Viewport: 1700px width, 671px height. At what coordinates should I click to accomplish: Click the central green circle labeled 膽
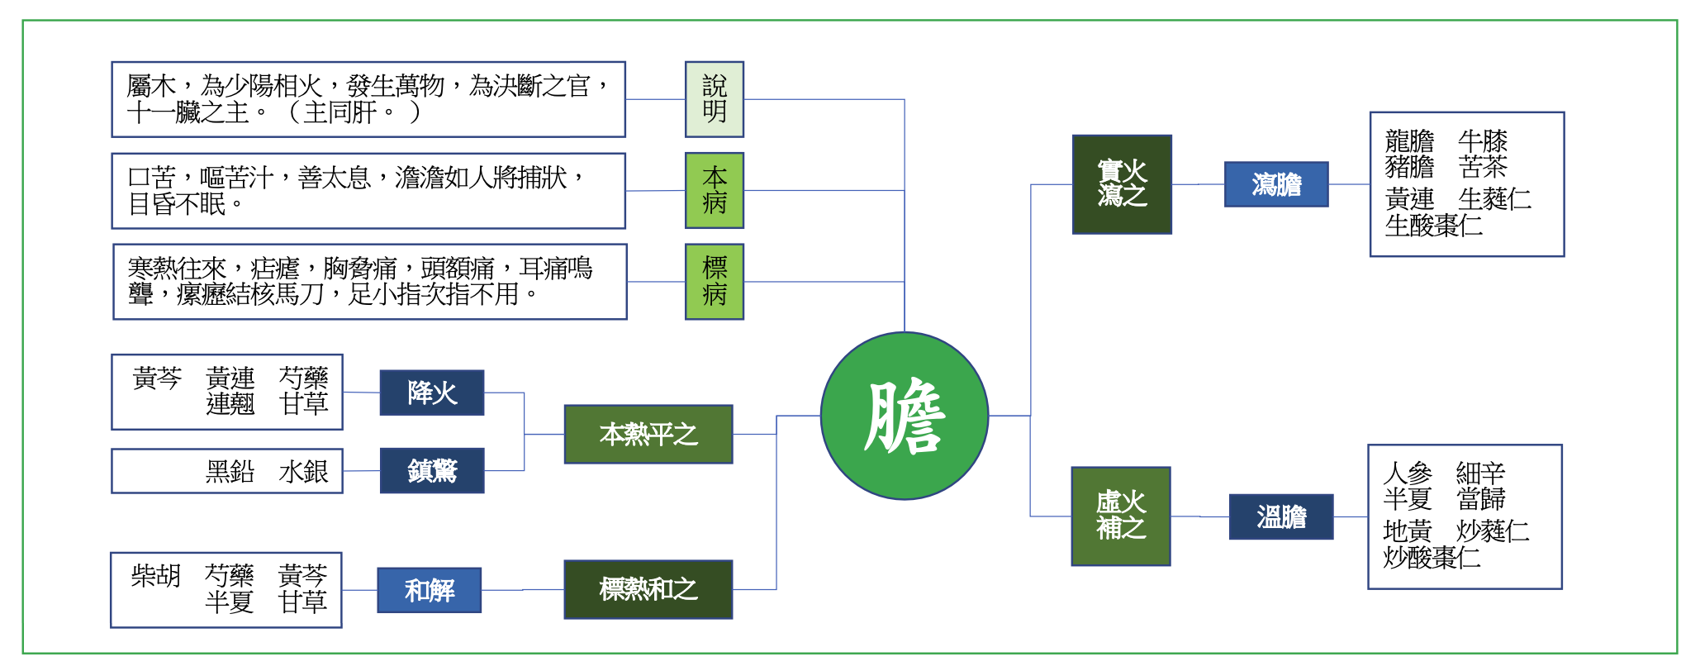tap(905, 416)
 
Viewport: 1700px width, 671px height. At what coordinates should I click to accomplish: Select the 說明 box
tap(715, 99)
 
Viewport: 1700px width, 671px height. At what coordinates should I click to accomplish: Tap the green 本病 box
tap(715, 190)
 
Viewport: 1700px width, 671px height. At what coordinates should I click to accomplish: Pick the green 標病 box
tap(715, 281)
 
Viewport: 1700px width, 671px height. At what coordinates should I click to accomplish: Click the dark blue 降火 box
tap(432, 393)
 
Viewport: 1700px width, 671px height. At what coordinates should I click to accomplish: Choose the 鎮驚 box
tap(432, 470)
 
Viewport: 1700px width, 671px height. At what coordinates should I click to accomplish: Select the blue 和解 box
tap(430, 590)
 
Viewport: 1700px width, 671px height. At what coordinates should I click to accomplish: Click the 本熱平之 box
tap(648, 434)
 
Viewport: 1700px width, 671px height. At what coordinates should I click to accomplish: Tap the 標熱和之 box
tap(648, 589)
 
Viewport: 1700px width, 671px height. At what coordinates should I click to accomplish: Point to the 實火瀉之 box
tap(1122, 184)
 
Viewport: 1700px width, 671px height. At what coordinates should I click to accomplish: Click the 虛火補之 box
tap(1121, 516)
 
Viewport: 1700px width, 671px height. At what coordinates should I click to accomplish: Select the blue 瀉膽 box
tap(1276, 184)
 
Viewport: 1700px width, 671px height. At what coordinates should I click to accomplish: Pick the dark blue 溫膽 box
tap(1281, 516)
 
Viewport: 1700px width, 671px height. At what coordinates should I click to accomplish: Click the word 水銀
tap(303, 471)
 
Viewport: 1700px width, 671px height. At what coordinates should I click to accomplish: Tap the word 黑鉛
tap(230, 471)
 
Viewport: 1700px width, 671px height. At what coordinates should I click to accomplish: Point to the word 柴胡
tap(155, 575)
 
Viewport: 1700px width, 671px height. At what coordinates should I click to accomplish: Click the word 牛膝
tap(1483, 140)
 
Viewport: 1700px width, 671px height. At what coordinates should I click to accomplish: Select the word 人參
tap(1407, 473)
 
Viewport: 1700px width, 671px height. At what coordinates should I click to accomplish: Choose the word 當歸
tap(1481, 499)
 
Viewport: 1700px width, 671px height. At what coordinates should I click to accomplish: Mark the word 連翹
tap(230, 404)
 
